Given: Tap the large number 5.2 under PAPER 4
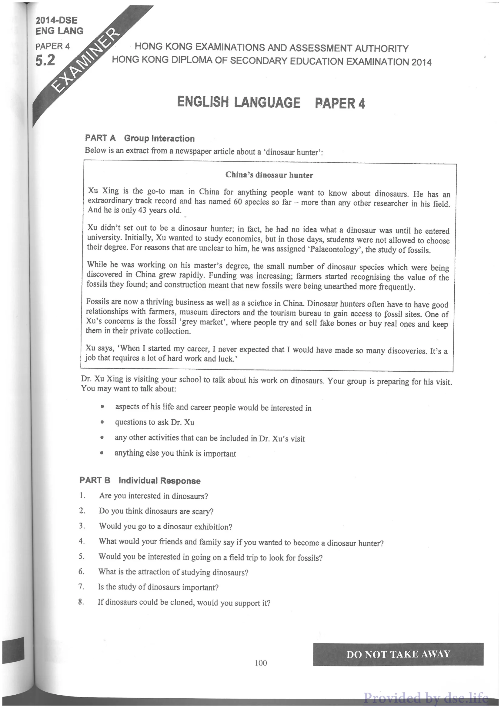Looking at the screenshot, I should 45,60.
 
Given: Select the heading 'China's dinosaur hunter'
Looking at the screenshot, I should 269,175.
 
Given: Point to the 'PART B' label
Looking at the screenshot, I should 95,480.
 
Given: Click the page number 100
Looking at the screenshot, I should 261,663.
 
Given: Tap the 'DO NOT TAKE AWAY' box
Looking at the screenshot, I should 398,654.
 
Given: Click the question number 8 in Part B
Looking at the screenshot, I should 81,602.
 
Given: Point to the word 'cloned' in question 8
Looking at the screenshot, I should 183,602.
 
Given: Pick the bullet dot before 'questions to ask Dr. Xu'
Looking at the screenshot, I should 102,422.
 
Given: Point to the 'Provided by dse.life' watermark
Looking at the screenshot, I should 426,697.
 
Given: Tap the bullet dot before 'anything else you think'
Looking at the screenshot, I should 102,453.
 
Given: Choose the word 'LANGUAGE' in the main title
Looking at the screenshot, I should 267,102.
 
